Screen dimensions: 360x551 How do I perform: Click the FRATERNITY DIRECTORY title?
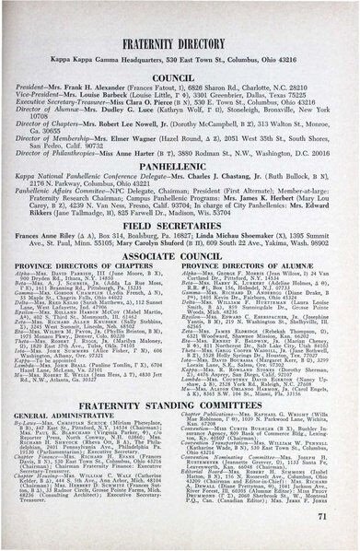(x=180, y=41)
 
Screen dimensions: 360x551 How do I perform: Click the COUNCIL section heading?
(x=180, y=78)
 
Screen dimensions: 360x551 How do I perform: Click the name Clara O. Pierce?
(x=157, y=110)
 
